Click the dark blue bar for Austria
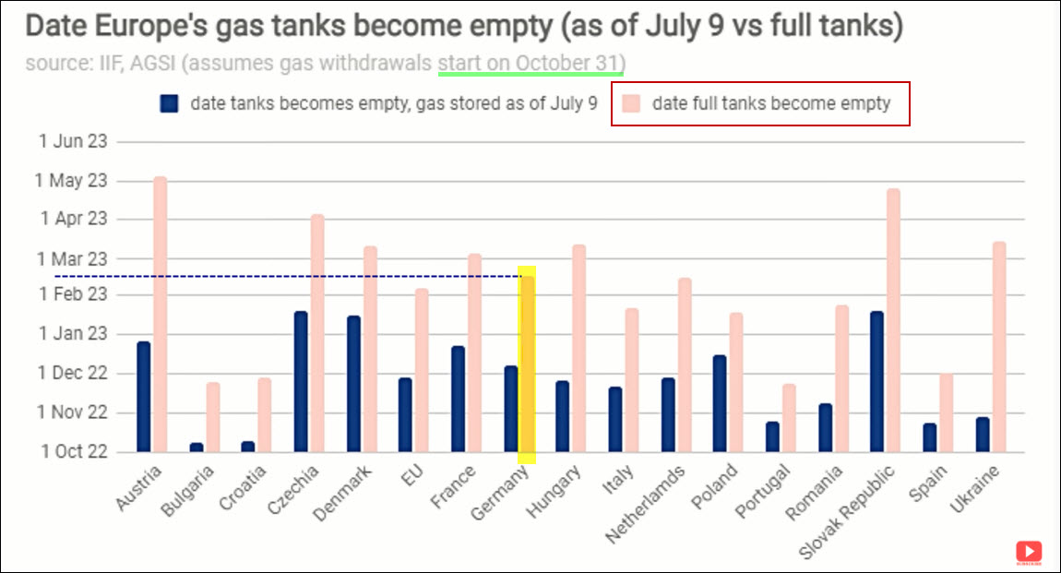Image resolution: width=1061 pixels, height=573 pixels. [143, 397]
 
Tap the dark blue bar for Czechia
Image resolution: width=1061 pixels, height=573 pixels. [301, 382]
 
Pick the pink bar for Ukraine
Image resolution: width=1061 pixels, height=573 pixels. [998, 347]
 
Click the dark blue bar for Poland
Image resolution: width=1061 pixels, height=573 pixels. [720, 403]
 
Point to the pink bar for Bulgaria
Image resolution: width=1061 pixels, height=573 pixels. [213, 417]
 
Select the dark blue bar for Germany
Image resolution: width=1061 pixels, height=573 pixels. [510, 409]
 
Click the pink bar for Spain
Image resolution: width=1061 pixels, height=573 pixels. [946, 412]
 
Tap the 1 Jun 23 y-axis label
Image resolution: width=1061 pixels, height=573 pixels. [73, 142]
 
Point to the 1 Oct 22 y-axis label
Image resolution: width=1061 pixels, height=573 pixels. [73, 452]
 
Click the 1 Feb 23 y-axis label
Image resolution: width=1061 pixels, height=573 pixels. [73, 295]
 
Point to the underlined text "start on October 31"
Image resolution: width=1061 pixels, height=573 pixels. [531, 64]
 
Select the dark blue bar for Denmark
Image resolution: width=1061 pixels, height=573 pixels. [353, 384]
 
